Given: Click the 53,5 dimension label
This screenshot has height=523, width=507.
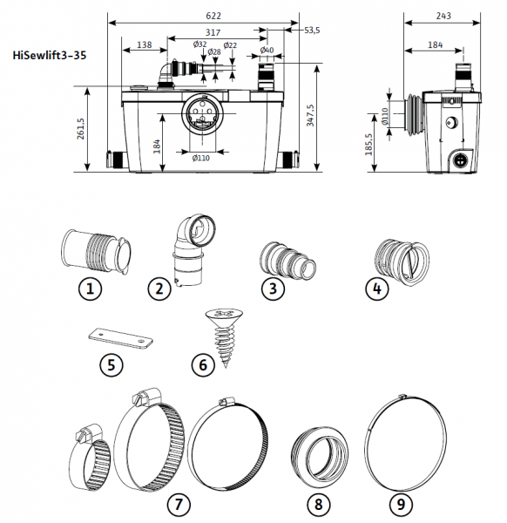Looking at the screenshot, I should click(x=312, y=31).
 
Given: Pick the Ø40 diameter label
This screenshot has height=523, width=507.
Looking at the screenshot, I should click(x=267, y=51).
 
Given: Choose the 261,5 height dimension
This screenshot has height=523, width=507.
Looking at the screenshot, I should click(x=81, y=128).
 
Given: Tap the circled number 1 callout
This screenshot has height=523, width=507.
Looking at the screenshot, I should click(x=90, y=289).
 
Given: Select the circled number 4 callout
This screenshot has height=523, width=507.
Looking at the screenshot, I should click(x=376, y=289).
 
